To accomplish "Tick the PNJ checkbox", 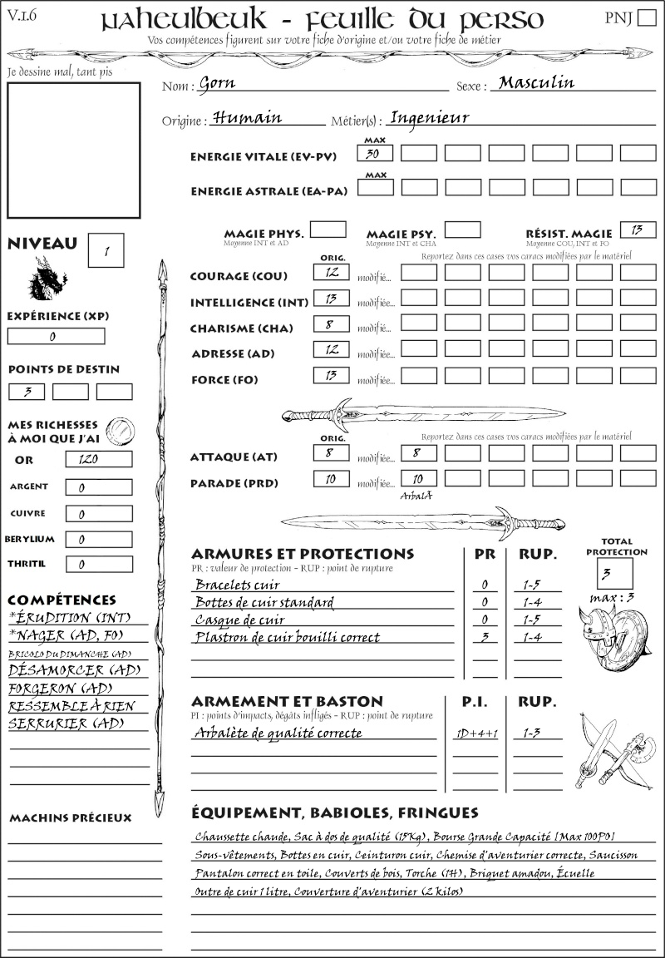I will point(645,18).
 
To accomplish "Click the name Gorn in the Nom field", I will point(218,84).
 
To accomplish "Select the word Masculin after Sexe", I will point(536,83).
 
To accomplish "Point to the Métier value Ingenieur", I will point(429,118).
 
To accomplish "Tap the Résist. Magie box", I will point(638,230).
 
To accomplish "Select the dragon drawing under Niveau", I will point(47,279).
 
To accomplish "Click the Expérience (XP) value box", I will point(56,337).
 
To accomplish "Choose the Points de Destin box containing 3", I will point(27,392).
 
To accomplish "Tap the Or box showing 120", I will point(98,459).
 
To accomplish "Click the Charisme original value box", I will point(331,325).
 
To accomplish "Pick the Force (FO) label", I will point(224,380).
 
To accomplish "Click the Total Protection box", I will point(614,573).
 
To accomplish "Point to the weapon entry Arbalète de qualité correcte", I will point(278,733).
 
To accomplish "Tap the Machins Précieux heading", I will point(71,818).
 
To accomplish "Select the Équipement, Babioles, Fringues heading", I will point(335,812).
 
